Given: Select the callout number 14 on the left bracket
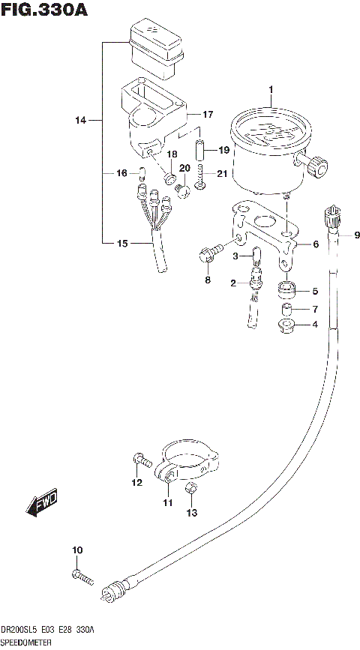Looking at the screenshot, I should pyautogui.click(x=82, y=120).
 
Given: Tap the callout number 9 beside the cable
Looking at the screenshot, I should pyautogui.click(x=357, y=235).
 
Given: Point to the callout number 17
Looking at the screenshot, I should pyautogui.click(x=208, y=115).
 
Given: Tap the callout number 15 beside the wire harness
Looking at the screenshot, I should pyautogui.click(x=121, y=244).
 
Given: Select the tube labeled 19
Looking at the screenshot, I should pyautogui.click(x=201, y=150).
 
